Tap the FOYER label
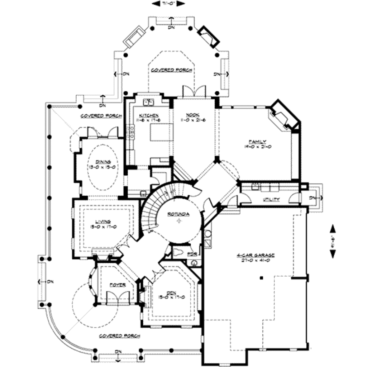117,285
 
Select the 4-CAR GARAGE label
255,255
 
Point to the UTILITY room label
271,199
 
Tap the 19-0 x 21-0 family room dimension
257,146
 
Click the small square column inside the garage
261,278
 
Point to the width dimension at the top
168,4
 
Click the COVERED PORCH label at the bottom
119,336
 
